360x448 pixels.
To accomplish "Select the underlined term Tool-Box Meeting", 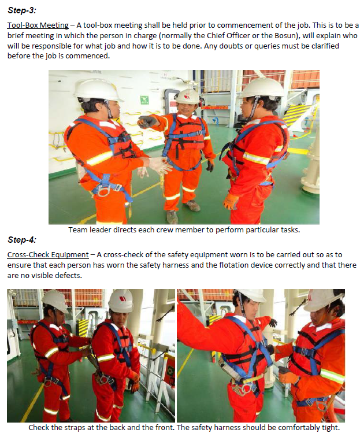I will [x=38, y=25].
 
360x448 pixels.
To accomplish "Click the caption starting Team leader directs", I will [x=183, y=229].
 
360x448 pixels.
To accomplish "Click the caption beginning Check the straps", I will [x=184, y=428].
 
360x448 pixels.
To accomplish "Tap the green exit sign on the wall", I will [x=143, y=100].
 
